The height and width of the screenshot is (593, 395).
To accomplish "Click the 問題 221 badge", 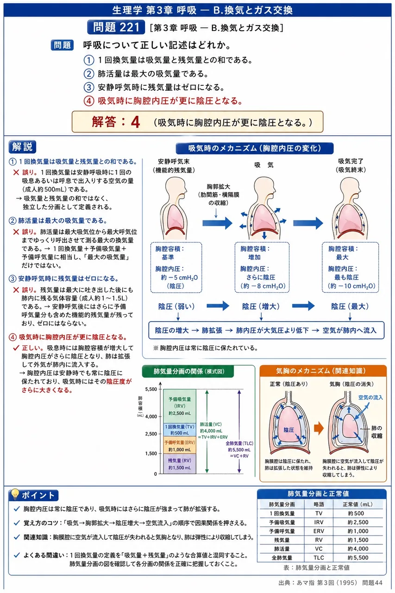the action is click(116, 27).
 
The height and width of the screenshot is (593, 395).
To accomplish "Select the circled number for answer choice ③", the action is click(89, 87).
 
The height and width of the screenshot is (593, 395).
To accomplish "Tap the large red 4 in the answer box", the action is click(135, 122).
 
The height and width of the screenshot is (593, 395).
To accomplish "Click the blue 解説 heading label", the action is click(22, 147).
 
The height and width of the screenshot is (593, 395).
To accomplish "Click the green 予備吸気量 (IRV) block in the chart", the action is click(180, 406).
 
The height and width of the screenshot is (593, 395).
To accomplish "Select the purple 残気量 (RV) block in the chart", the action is click(180, 464).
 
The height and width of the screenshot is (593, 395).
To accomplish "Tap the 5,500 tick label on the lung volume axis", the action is click(151, 389).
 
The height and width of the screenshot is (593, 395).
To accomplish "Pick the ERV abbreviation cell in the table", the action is click(319, 531).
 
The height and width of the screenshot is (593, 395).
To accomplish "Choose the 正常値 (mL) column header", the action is click(357, 505).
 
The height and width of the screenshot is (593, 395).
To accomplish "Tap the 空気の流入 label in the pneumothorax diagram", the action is click(370, 397).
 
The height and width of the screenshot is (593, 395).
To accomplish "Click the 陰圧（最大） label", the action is click(350, 306).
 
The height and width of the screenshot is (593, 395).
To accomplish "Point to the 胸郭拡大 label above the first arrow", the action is click(218, 187).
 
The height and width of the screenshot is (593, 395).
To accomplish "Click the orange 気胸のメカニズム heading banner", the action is click(323, 371).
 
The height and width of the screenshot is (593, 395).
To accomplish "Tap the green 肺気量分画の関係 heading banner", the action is click(188, 371).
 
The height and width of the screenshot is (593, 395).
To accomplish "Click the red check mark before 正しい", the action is click(16, 347).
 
